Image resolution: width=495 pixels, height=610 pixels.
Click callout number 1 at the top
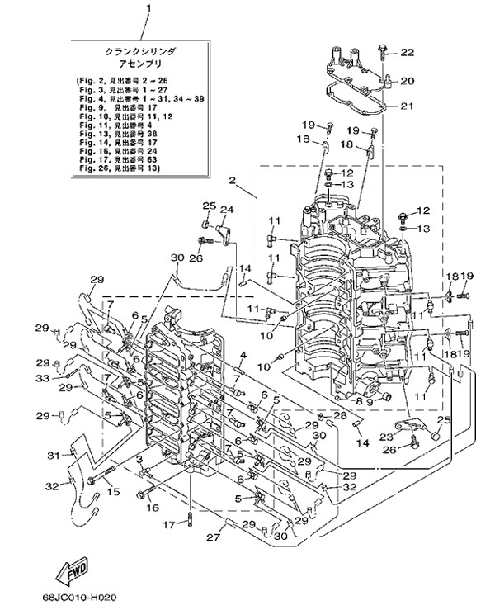click(x=150, y=10)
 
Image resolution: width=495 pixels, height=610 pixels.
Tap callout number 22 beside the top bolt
click(x=408, y=53)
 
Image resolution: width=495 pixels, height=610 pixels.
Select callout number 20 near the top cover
click(x=407, y=80)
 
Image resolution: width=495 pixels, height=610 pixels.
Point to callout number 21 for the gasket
click(x=407, y=106)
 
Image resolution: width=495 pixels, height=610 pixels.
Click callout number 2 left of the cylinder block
click(x=233, y=180)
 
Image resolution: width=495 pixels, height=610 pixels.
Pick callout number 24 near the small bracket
click(x=226, y=209)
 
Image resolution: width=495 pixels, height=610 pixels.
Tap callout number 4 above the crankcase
click(x=244, y=356)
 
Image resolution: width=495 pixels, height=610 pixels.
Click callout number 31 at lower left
click(x=50, y=455)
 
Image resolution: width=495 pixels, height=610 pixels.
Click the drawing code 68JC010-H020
click(x=77, y=596)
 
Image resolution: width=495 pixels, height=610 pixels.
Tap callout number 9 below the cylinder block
click(x=370, y=402)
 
